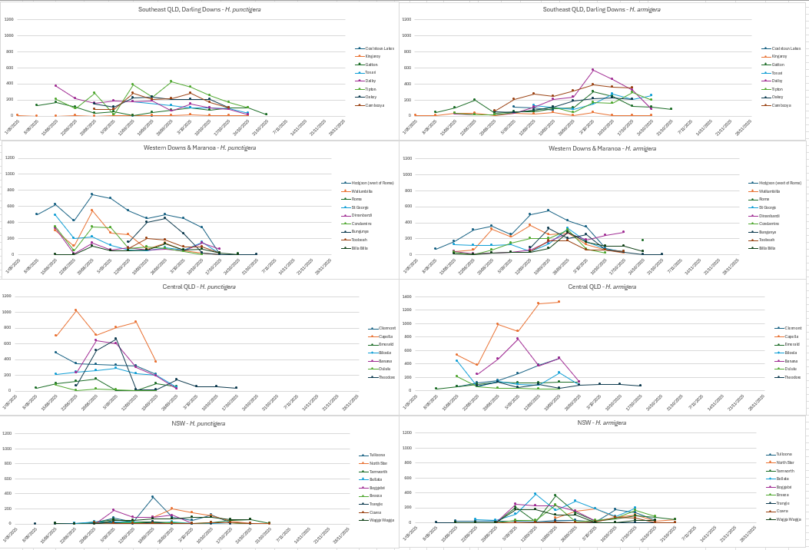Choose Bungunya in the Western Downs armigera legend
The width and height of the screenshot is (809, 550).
point(771,232)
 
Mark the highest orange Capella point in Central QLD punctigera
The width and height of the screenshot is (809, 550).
point(75,310)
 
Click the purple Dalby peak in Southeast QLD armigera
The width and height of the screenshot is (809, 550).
point(592,70)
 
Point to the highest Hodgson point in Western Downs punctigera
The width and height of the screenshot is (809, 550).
point(91,194)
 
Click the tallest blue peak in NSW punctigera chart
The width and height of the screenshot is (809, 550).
point(152,496)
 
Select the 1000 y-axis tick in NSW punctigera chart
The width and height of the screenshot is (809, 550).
point(9,447)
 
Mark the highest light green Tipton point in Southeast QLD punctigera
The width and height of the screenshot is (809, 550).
point(171,81)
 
